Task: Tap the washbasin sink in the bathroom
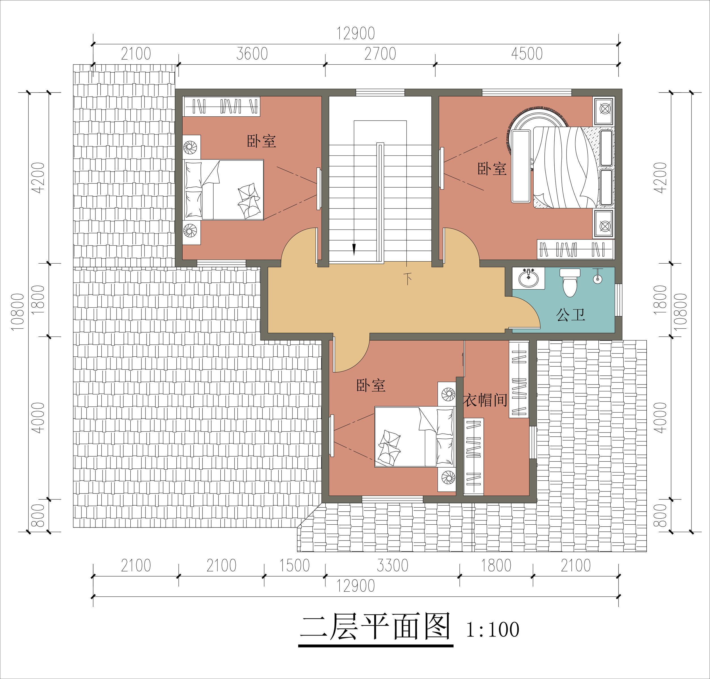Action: (x=529, y=278)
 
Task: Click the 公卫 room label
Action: (x=571, y=315)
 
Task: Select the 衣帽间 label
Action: (x=485, y=400)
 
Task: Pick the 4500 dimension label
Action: (x=527, y=54)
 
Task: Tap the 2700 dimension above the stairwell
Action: (x=380, y=54)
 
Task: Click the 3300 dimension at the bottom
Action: (x=392, y=565)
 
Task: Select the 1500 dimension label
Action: (x=295, y=565)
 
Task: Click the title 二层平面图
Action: (x=375, y=627)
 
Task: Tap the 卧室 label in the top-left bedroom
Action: (x=262, y=141)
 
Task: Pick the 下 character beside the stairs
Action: (x=408, y=278)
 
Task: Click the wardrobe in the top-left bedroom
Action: (x=222, y=106)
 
